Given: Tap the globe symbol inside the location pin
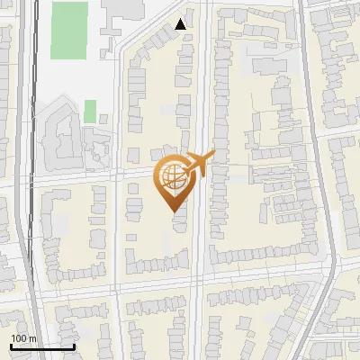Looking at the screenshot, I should (x=172, y=177).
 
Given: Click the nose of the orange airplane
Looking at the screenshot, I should (x=214, y=156).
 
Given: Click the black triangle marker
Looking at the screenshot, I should (x=182, y=24).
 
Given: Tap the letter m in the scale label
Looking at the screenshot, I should (x=31, y=338).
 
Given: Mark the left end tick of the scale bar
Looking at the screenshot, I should (x=10, y=346).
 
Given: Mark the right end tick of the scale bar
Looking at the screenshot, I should (x=75, y=346).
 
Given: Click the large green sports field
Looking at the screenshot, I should (x=69, y=30).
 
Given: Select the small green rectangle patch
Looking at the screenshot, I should (x=90, y=112).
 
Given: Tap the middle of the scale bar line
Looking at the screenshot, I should (x=42, y=346).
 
